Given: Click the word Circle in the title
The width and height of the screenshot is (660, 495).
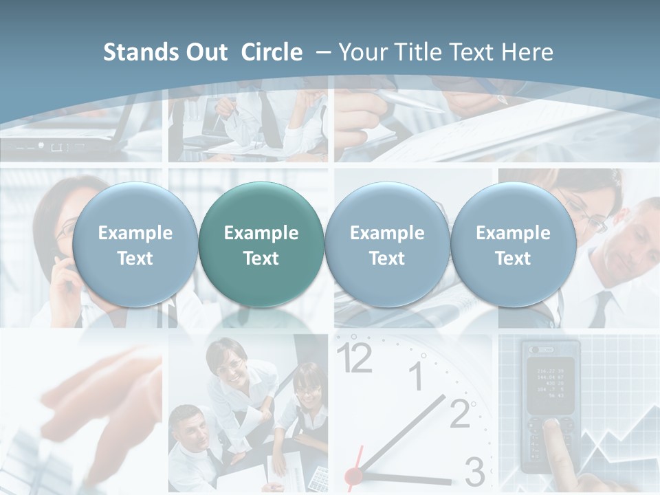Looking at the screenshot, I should tap(272, 52).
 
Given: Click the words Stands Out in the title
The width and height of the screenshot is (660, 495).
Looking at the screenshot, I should tap(165, 52).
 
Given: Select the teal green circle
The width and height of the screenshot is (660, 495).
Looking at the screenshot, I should tap(261, 245).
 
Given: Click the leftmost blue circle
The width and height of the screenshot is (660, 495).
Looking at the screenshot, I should tap(135, 245).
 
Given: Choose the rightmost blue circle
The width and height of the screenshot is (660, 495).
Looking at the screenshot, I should tap(513, 245).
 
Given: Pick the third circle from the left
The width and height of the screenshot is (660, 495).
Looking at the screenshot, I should tap(387, 245).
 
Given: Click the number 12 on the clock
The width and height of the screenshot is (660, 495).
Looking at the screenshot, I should tap(355, 357).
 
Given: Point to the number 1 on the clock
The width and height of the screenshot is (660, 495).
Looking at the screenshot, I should tap(416, 376).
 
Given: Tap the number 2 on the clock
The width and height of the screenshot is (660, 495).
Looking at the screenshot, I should tap(460, 412).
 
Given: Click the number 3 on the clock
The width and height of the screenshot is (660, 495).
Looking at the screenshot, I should tap(474, 472).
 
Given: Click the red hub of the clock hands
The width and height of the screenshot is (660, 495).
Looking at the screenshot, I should tap(353, 475).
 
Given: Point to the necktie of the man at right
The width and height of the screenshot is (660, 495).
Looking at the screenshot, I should tap(600, 309).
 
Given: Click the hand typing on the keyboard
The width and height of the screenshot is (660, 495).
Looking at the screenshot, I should tap(103, 392).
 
